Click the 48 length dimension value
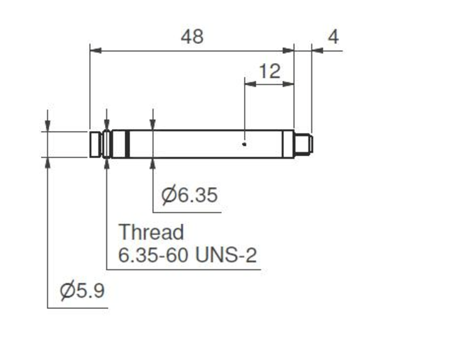(x=192, y=37)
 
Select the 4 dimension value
(x=333, y=37)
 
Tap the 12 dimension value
(x=270, y=72)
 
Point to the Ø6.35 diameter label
(x=189, y=195)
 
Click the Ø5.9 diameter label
(x=82, y=291)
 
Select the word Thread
(x=151, y=232)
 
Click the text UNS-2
(x=226, y=255)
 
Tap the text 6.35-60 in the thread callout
(x=153, y=255)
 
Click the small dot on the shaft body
(x=244, y=145)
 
